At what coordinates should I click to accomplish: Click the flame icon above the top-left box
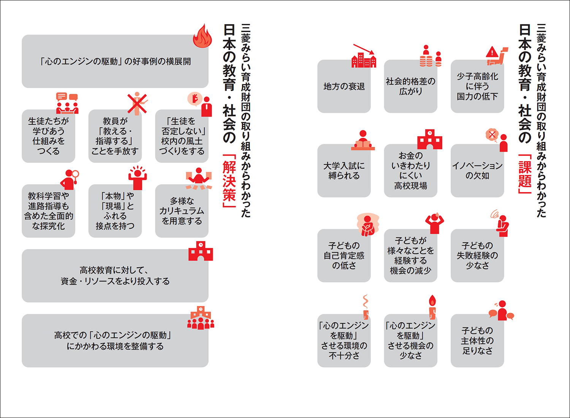[x=202, y=36]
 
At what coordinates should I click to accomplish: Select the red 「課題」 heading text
[x=525, y=173]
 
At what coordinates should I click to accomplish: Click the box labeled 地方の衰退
[x=344, y=87]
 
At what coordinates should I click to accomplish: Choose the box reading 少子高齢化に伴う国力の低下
[x=477, y=87]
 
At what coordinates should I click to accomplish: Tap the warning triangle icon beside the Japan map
[x=492, y=52]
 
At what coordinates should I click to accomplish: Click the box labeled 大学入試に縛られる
[x=344, y=171]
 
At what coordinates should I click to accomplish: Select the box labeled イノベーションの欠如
[x=477, y=171]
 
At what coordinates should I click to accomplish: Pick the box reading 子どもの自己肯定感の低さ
[x=344, y=256]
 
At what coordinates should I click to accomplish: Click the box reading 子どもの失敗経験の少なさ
[x=477, y=256]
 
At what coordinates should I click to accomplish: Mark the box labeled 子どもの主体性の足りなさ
[x=477, y=341]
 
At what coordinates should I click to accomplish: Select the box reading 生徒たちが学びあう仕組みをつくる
[x=48, y=136]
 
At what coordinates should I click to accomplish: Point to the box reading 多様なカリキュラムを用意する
[x=182, y=211]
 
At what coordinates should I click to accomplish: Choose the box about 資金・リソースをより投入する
[x=115, y=276]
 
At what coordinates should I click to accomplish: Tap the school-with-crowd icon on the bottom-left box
[x=201, y=318]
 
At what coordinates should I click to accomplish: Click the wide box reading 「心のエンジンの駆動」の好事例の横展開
[x=115, y=62]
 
